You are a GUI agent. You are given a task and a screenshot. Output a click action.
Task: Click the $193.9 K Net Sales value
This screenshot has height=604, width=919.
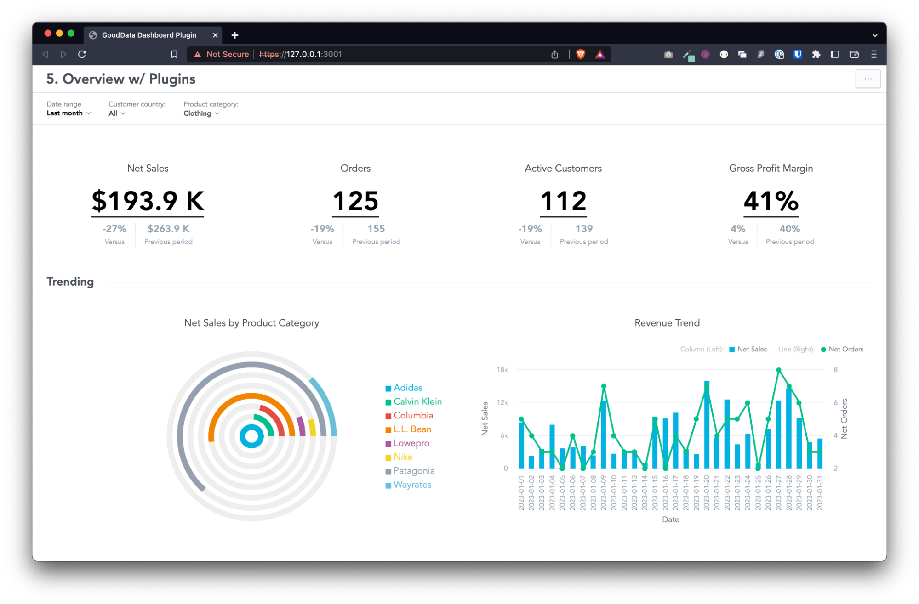click(x=148, y=201)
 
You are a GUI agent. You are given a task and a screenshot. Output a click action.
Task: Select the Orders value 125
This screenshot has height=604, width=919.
click(x=355, y=201)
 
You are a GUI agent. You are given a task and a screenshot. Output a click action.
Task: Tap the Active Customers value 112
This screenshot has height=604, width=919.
click(x=563, y=201)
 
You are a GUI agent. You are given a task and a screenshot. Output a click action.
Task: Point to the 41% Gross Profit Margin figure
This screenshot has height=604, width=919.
click(x=771, y=201)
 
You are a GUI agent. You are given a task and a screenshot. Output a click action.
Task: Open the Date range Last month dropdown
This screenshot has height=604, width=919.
click(x=68, y=113)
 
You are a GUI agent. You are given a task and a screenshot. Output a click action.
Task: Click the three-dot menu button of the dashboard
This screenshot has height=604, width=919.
click(x=868, y=79)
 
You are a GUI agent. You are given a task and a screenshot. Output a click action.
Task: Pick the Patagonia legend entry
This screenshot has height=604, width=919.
click(x=413, y=471)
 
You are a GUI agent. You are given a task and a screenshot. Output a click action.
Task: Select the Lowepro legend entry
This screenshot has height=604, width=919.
click(x=411, y=443)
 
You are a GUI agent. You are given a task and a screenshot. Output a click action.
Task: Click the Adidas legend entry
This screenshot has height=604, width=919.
click(x=407, y=388)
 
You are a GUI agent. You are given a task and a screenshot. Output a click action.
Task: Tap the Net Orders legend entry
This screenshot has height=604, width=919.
click(x=845, y=349)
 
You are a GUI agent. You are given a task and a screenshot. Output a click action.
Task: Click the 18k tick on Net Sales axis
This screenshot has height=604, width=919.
click(x=502, y=370)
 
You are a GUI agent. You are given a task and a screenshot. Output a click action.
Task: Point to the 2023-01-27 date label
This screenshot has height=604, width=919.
click(x=778, y=492)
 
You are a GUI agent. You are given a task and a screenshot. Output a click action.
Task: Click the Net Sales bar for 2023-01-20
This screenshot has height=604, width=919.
click(x=707, y=424)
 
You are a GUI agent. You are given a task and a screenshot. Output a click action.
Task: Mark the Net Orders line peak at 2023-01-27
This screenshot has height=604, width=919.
click(x=778, y=370)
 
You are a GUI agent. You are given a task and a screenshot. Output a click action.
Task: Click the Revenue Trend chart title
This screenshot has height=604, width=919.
click(x=667, y=323)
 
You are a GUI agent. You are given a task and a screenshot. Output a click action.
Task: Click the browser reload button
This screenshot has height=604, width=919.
click(x=82, y=54)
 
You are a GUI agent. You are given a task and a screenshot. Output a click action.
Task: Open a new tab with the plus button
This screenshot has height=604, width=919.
click(x=235, y=35)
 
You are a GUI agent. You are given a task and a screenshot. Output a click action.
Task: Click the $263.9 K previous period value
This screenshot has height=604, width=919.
click(x=168, y=229)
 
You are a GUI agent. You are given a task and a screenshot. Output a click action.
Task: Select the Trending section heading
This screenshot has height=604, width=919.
click(x=70, y=282)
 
